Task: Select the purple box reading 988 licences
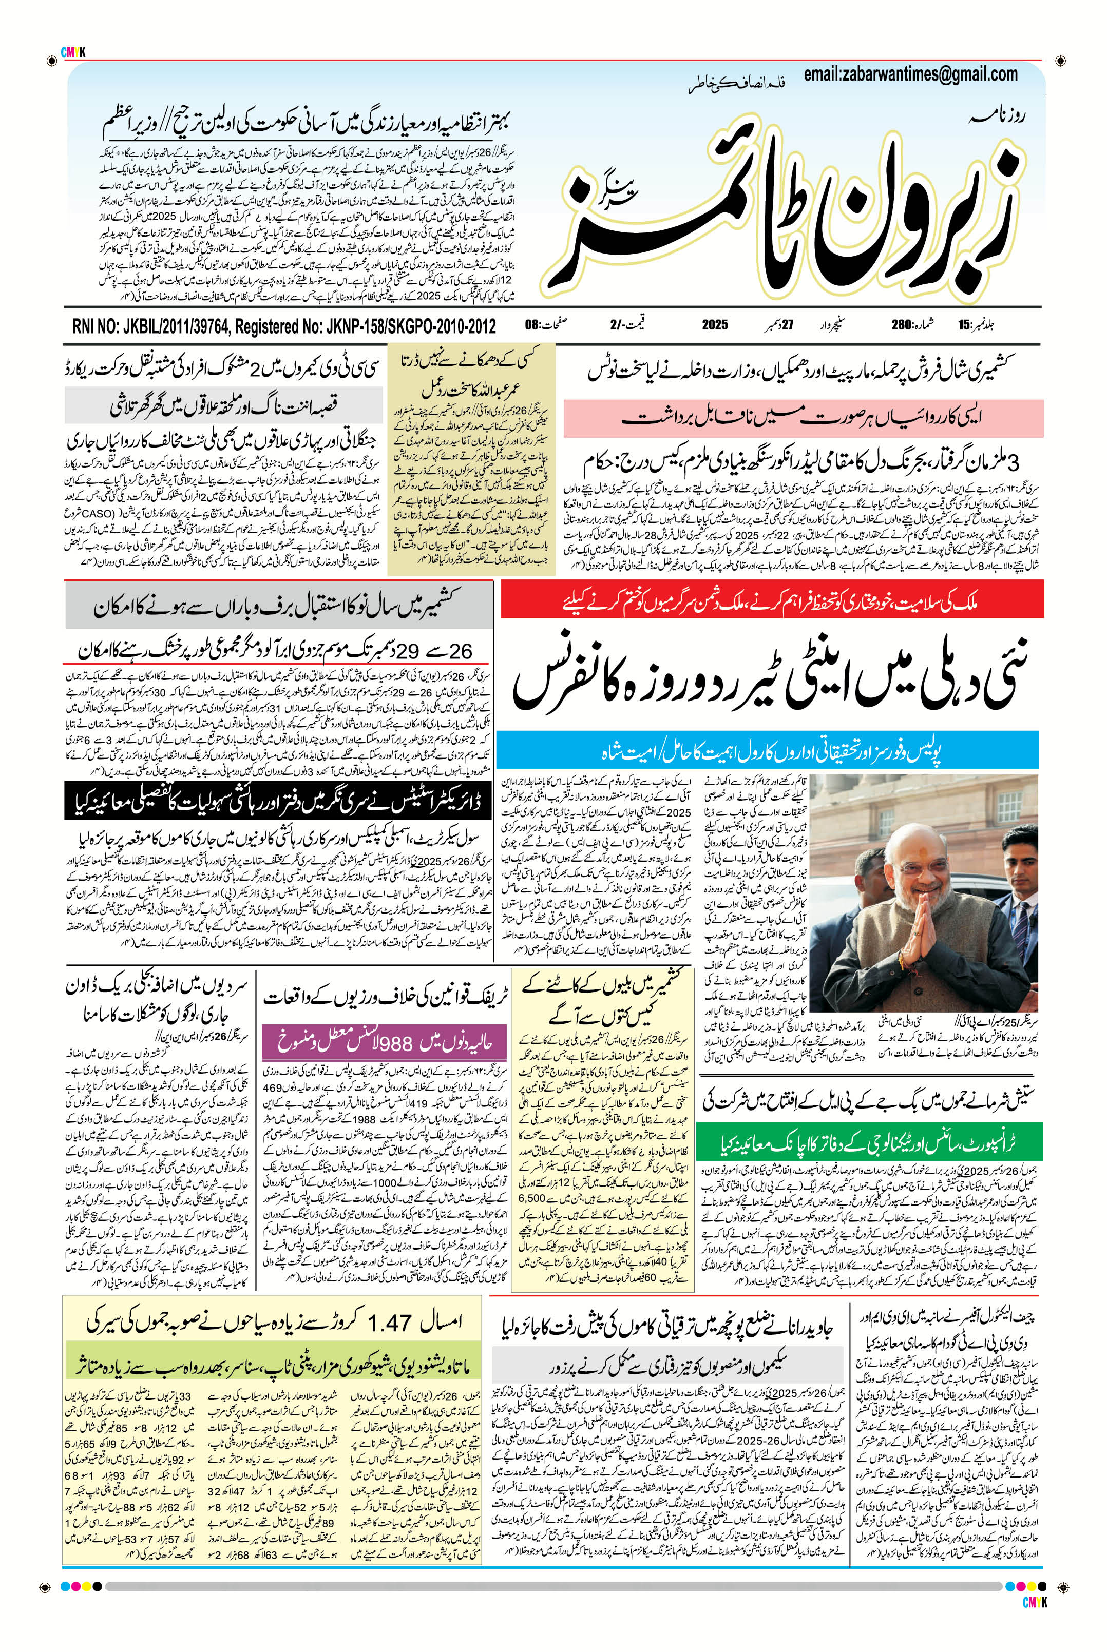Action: click(x=384, y=1044)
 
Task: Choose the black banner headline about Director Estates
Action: click(x=278, y=802)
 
